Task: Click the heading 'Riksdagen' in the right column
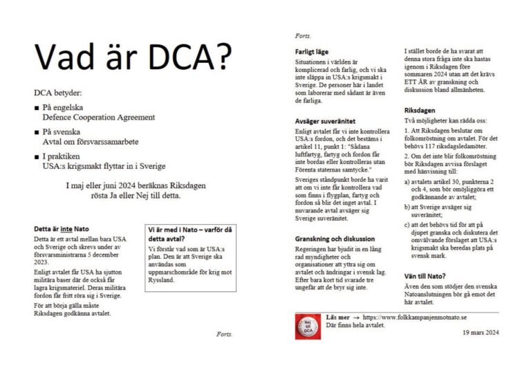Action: click(420, 111)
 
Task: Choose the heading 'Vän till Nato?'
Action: click(425, 275)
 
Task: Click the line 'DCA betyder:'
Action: click(58, 93)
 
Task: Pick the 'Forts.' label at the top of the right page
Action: click(302, 35)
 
